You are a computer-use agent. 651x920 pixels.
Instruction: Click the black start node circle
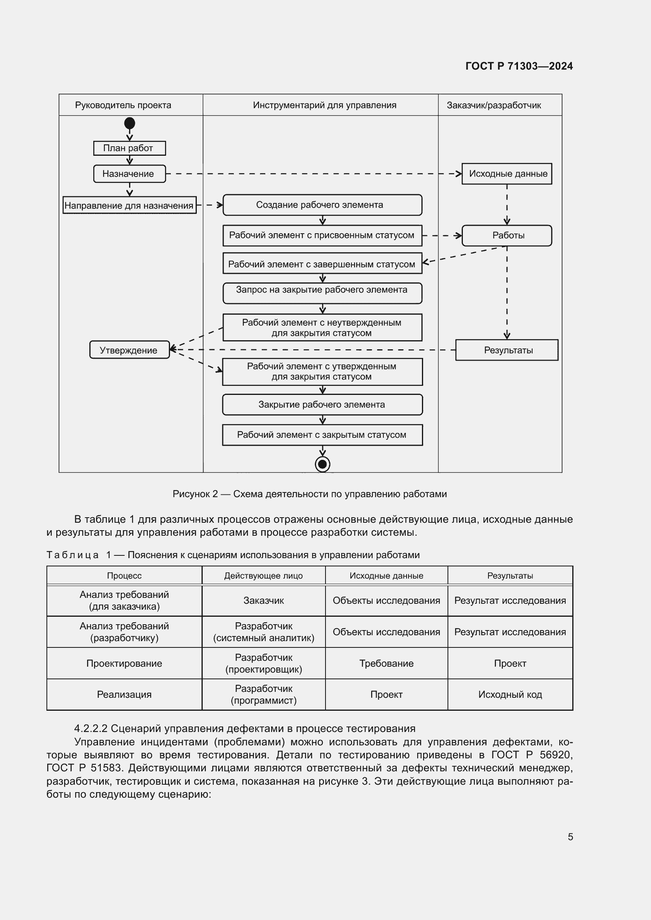point(129,123)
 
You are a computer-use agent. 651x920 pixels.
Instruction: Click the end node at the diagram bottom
point(322,465)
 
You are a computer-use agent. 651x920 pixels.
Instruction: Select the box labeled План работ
point(129,148)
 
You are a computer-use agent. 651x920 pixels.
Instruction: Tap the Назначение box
point(129,174)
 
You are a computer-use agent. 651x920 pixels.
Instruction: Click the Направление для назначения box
point(129,205)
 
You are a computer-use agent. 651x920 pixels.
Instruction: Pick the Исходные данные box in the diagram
point(507,173)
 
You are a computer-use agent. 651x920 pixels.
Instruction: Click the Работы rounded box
point(507,235)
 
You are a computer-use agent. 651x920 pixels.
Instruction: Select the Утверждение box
point(129,350)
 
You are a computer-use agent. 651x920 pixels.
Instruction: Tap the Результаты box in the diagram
point(507,350)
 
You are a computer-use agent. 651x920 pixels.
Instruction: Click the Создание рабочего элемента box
point(322,205)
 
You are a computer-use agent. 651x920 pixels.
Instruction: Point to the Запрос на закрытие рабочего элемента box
point(322,293)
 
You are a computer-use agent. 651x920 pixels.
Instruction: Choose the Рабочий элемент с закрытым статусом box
point(322,435)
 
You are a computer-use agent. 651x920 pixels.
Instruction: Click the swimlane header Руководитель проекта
point(123,105)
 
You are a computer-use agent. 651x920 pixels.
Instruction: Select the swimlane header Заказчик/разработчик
point(494,105)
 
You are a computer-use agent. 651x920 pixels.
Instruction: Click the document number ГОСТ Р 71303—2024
point(519,66)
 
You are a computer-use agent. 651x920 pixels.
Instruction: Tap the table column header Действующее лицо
point(263,576)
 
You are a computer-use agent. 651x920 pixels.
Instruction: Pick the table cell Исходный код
point(510,694)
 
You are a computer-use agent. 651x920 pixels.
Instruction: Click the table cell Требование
point(386,663)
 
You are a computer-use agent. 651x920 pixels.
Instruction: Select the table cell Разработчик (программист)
point(263,694)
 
